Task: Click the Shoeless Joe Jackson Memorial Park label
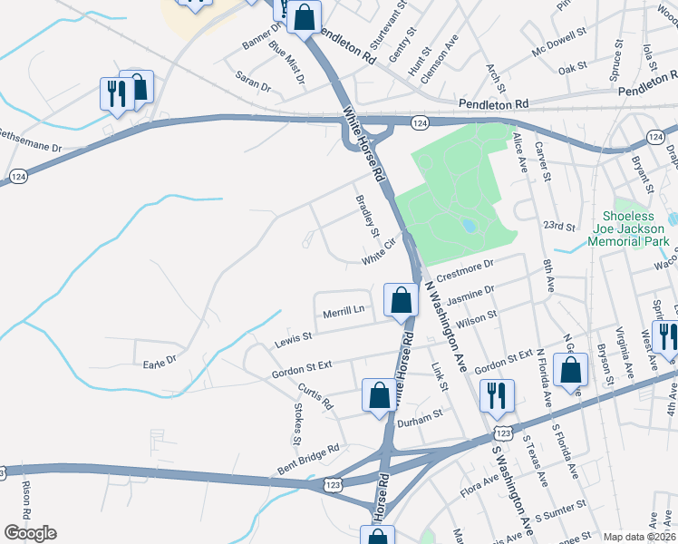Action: pyautogui.click(x=629, y=228)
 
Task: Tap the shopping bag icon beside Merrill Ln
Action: pyautogui.click(x=400, y=300)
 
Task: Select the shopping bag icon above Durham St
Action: pyautogui.click(x=379, y=395)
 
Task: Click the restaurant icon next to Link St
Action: pyautogui.click(x=496, y=395)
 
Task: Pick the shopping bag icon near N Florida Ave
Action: pyautogui.click(x=570, y=372)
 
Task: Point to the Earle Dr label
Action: pyautogui.click(x=160, y=363)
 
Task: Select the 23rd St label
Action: pyautogui.click(x=559, y=226)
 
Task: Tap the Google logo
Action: pyautogui.click(x=30, y=533)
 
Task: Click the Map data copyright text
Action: pyautogui.click(x=638, y=537)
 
